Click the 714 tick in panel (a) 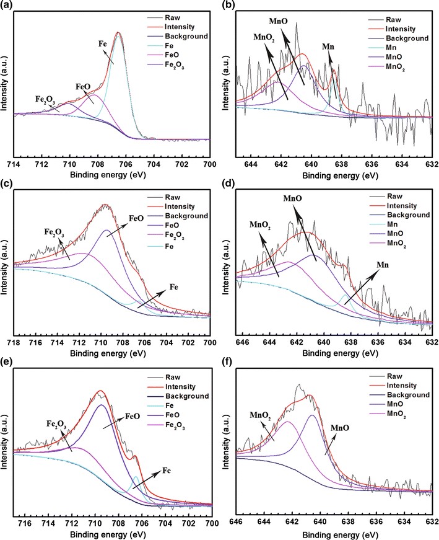pos(14,164)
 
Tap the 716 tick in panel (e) pos(25,522)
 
